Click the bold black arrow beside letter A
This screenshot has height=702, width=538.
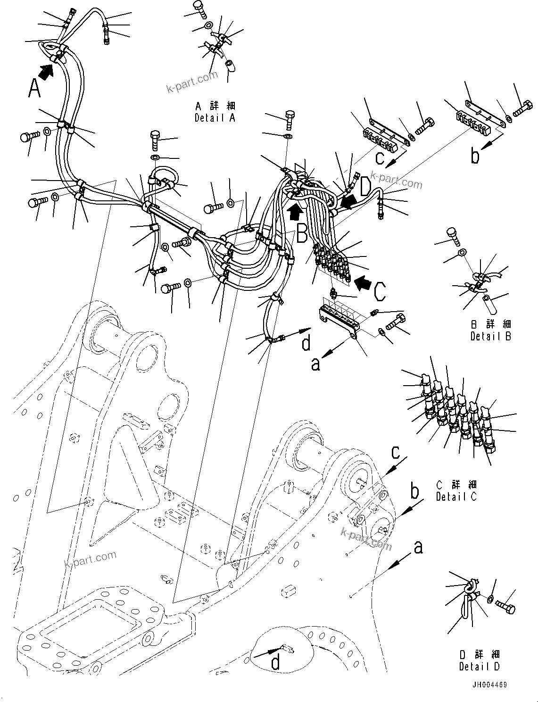[46, 72]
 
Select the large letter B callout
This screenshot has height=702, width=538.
[302, 233]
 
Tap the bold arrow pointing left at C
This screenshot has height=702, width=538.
[363, 283]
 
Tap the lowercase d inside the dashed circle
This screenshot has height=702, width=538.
[275, 663]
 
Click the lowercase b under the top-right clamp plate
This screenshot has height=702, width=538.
[475, 155]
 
